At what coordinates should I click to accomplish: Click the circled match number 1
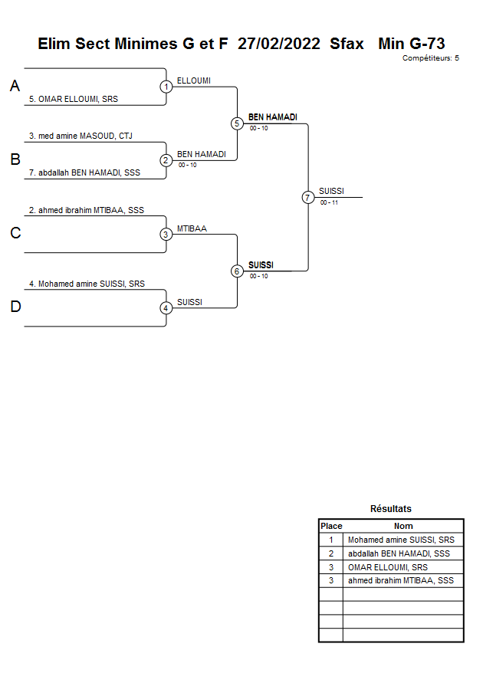166,87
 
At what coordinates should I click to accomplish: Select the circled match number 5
237,123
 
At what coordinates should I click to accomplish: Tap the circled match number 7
308,197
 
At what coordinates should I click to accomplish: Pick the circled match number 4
166,308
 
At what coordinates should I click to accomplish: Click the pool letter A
15,87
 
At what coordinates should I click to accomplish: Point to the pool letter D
15,307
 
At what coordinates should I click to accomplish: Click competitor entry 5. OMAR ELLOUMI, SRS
74,99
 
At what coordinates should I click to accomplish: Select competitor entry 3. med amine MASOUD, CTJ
80,136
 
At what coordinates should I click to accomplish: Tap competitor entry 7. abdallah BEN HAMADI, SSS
84,172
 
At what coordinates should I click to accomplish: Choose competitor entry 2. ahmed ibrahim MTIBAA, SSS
87,209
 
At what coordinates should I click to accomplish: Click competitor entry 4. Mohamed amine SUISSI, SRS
87,284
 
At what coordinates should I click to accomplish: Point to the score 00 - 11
330,202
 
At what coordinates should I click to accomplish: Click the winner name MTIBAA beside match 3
192,228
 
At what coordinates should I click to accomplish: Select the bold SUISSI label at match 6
261,265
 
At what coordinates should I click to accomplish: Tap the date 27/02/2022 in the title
279,44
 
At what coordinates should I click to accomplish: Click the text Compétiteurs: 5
431,57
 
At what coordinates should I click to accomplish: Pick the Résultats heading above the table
391,509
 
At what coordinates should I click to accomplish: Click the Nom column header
403,526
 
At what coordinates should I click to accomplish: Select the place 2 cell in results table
331,553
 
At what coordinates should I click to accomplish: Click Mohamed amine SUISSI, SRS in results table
401,540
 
